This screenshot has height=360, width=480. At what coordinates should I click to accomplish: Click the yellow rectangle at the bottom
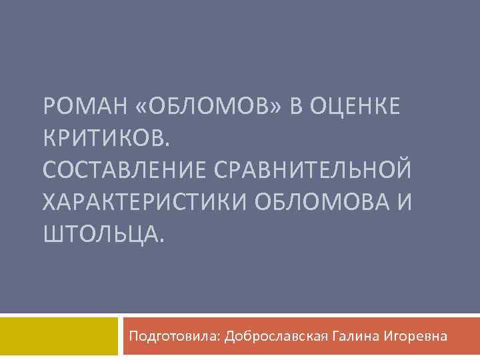click(x=58, y=336)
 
